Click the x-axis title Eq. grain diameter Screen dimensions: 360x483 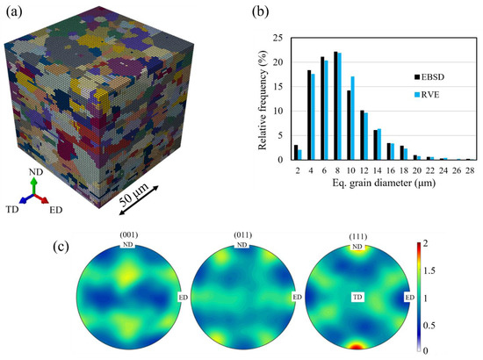tap(380, 184)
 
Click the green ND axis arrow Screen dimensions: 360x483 tap(33, 183)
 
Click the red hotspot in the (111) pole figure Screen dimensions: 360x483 tap(356, 348)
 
